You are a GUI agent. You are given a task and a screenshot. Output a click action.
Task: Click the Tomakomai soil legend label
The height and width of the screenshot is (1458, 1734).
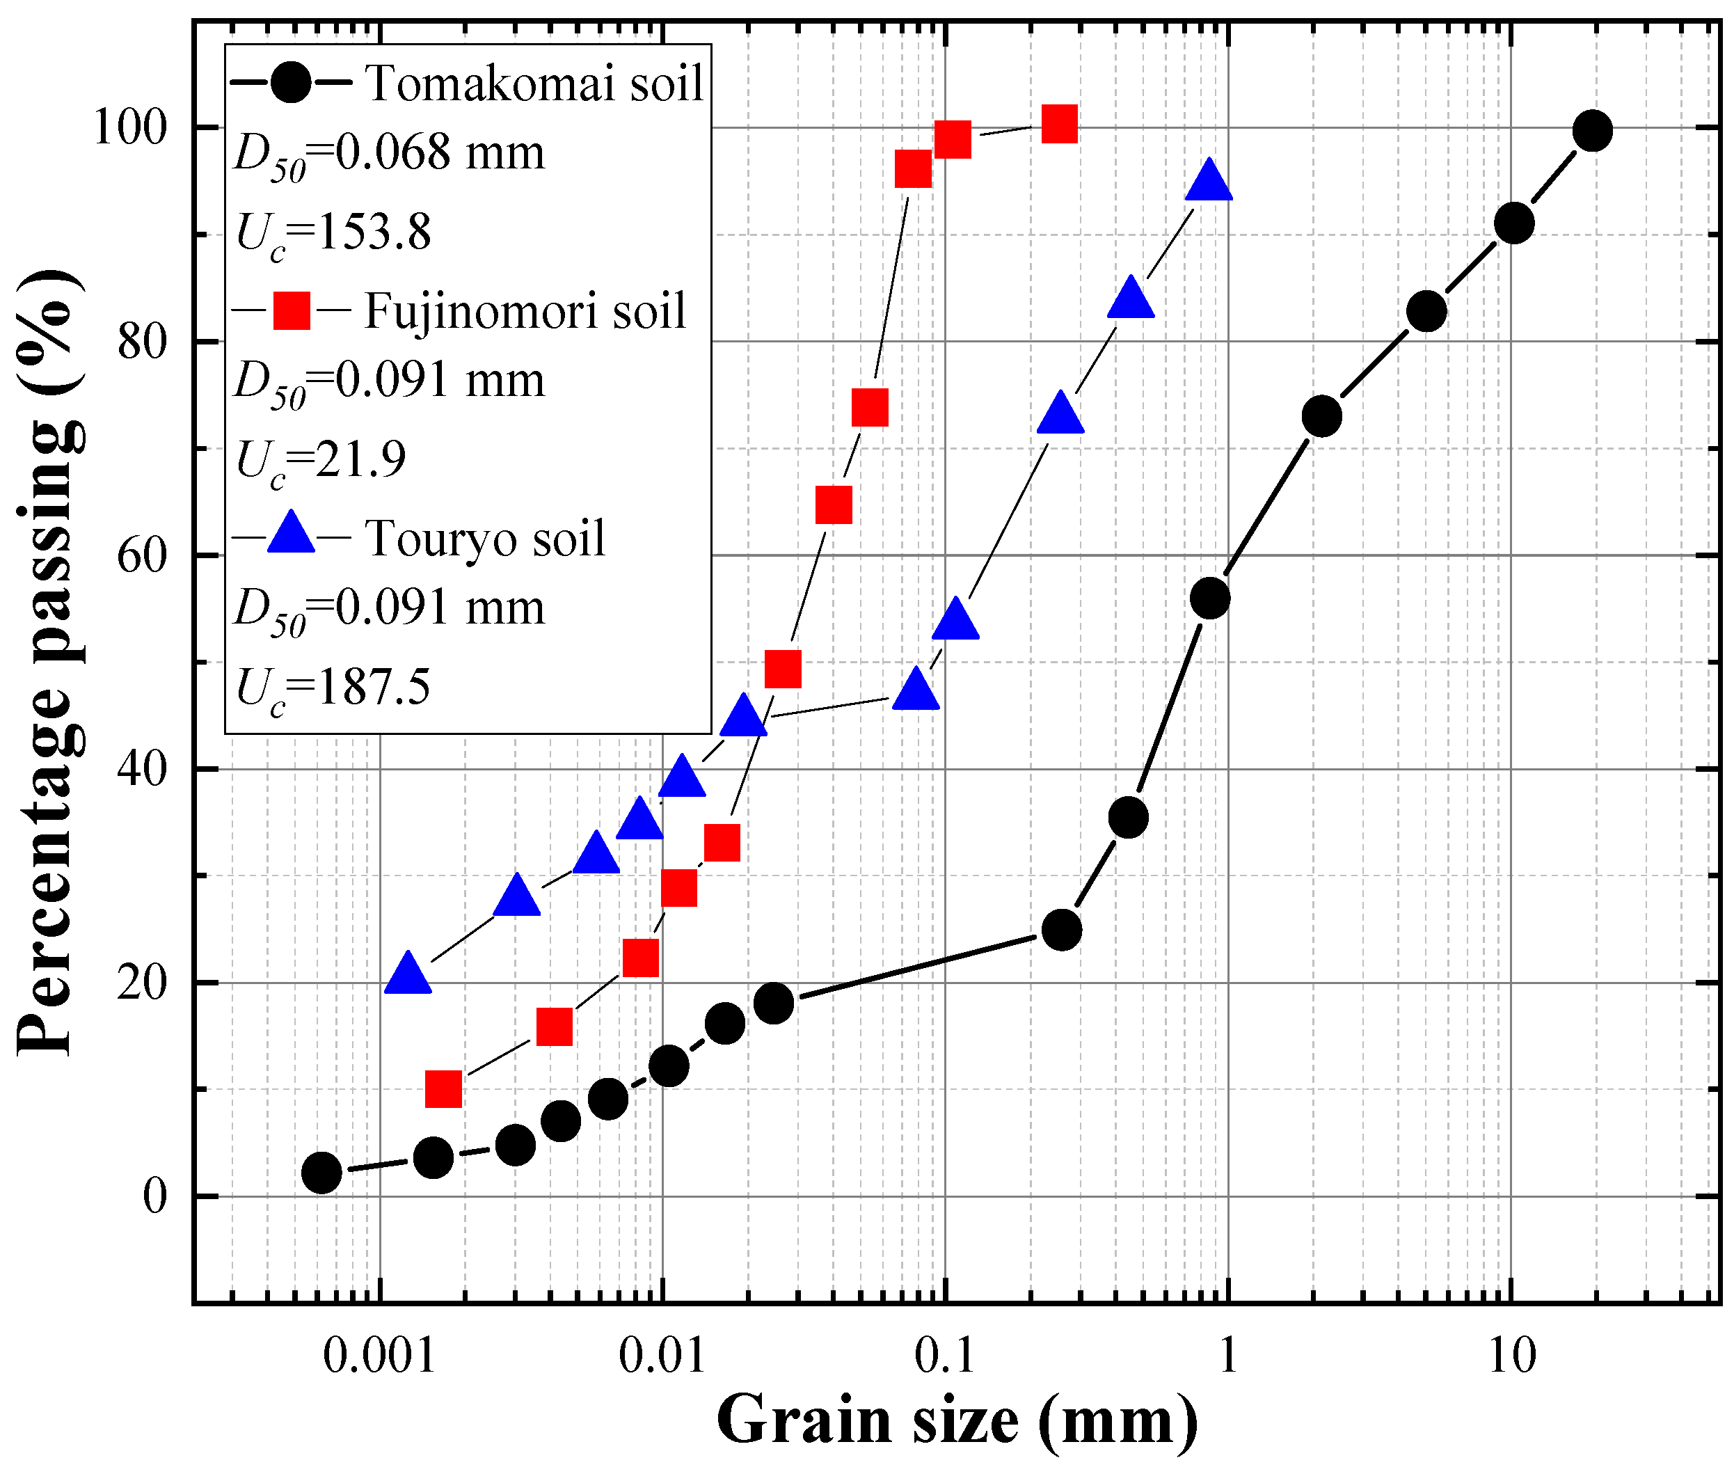pyautogui.click(x=534, y=84)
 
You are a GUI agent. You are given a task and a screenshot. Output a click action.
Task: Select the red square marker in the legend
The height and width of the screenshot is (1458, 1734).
pyautogui.click(x=292, y=311)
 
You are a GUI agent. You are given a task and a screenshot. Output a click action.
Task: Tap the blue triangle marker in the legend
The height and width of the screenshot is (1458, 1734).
pyautogui.click(x=292, y=534)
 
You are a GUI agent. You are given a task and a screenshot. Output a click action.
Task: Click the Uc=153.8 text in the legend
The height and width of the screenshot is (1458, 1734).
pyautogui.click(x=333, y=233)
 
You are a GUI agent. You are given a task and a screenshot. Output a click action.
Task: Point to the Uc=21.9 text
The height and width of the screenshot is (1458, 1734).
pyautogui.click(x=321, y=461)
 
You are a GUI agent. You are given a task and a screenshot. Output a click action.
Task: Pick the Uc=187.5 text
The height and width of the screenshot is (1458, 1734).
pyautogui.click(x=333, y=688)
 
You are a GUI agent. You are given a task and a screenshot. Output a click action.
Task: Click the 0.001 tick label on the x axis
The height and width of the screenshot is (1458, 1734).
pyautogui.click(x=379, y=1356)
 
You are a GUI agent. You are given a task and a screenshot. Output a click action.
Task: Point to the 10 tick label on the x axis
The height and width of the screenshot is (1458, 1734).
pyautogui.click(x=1511, y=1356)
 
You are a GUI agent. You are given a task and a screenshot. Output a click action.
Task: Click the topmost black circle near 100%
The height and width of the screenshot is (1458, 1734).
pyautogui.click(x=1592, y=131)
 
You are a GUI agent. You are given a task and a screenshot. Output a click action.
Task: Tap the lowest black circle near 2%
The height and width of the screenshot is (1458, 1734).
pyautogui.click(x=321, y=1172)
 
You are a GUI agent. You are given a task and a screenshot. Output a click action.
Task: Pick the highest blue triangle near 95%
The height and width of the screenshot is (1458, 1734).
pyautogui.click(x=1209, y=182)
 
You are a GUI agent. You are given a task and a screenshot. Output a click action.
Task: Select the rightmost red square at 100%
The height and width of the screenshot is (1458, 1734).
pyautogui.click(x=1059, y=125)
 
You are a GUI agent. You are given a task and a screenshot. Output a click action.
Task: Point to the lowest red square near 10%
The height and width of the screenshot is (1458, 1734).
pyautogui.click(x=443, y=1089)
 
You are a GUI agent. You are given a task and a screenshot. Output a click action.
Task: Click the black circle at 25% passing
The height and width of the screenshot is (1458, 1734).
pyautogui.click(x=1061, y=930)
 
